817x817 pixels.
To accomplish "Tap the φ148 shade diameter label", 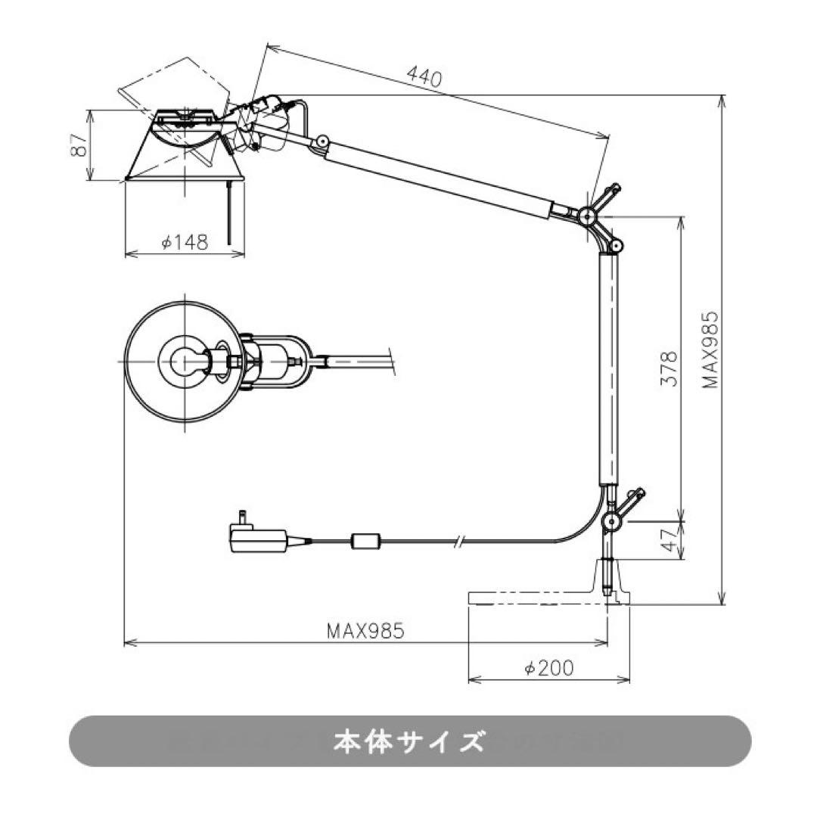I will pos(185,242).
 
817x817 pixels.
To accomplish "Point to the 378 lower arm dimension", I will pos(668,369).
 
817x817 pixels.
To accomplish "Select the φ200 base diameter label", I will pos(549,667).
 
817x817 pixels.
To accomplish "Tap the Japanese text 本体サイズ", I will pos(408,741).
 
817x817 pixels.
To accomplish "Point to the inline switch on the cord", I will pos(368,542).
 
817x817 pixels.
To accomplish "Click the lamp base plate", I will pos(548,598).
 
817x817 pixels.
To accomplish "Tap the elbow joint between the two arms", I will pos(588,216).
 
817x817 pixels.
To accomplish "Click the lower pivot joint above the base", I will pos(611,521).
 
